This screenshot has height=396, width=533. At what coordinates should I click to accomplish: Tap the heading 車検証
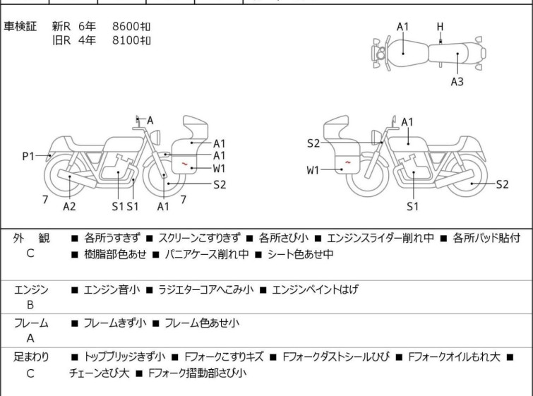click(x=20, y=26)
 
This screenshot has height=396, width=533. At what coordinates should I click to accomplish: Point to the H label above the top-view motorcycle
click(x=440, y=27)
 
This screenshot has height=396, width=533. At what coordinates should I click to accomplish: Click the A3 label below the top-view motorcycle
click(x=457, y=82)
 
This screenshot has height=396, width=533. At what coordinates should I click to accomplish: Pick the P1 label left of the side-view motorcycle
click(x=28, y=156)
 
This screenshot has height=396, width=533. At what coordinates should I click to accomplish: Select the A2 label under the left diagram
click(x=69, y=206)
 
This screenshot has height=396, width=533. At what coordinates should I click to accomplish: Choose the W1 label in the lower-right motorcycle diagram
click(x=313, y=170)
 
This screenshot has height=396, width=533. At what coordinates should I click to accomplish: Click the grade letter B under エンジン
click(x=30, y=306)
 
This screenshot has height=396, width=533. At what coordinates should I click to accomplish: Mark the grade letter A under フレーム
click(x=30, y=339)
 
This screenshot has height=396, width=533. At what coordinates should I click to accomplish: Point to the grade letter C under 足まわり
click(x=30, y=373)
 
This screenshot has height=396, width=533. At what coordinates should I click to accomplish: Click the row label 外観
click(x=31, y=239)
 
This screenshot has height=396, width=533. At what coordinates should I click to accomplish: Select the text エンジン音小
click(x=112, y=289)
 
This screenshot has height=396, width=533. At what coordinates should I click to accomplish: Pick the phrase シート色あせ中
click(x=300, y=254)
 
